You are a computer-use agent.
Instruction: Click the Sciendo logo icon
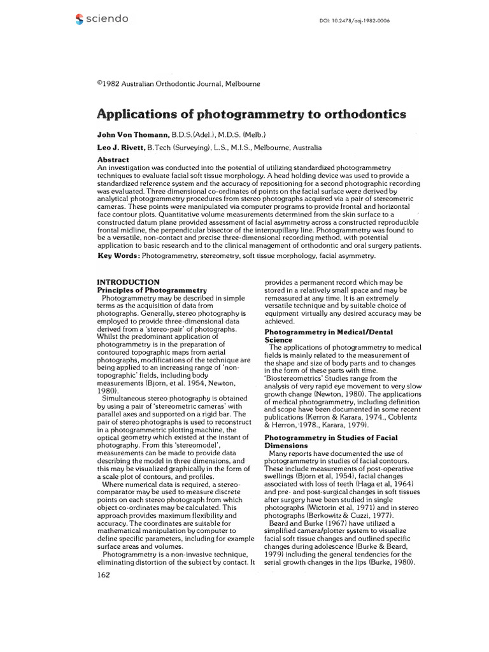point(79,19)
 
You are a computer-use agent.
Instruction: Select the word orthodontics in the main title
point(351,115)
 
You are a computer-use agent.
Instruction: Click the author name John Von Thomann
point(133,135)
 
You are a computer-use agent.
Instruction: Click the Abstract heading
point(113,159)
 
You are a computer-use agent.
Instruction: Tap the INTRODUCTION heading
point(127,281)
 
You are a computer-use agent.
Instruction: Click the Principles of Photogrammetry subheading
point(152,290)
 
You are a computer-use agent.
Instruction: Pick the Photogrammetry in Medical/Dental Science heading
point(329,336)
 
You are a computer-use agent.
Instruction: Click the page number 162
point(103,575)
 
